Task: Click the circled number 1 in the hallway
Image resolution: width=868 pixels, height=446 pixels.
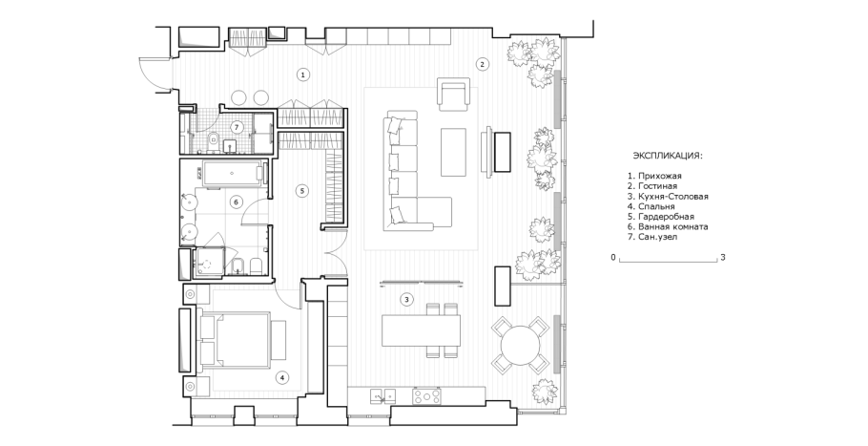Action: (302, 74)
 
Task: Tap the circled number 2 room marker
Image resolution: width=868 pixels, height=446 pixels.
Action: (482, 64)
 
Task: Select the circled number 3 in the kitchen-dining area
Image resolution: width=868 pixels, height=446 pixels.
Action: (406, 300)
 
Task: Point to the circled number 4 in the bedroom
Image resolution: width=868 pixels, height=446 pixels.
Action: (281, 378)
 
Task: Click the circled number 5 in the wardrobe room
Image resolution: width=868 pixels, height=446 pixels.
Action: (301, 191)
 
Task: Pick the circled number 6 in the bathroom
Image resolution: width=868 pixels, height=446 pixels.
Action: (236, 202)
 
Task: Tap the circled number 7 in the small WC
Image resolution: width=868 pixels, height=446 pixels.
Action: (237, 127)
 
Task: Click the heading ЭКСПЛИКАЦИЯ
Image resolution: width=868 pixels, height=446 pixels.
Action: (668, 156)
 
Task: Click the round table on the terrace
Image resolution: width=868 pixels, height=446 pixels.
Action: (521, 345)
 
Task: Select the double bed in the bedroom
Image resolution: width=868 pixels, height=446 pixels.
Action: (243, 340)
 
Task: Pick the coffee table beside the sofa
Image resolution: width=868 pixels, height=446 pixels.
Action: (453, 153)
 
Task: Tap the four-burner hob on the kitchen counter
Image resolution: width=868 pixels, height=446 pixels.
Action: (426, 396)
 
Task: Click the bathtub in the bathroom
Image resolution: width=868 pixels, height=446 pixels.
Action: (232, 174)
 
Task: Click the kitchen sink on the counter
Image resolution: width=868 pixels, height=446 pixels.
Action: (383, 395)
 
